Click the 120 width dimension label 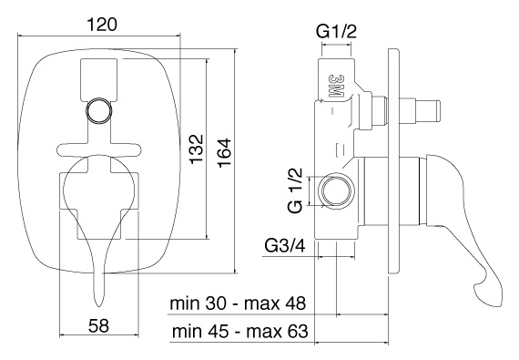tap(102, 25)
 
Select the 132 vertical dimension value tap(196, 148)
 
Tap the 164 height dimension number tap(224, 153)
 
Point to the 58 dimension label tap(98, 325)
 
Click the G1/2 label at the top tap(336, 32)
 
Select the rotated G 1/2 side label tap(295, 190)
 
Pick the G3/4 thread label tap(285, 246)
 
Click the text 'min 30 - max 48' tap(238, 303)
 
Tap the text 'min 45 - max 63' tap(240, 331)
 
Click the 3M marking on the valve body tap(335, 86)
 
